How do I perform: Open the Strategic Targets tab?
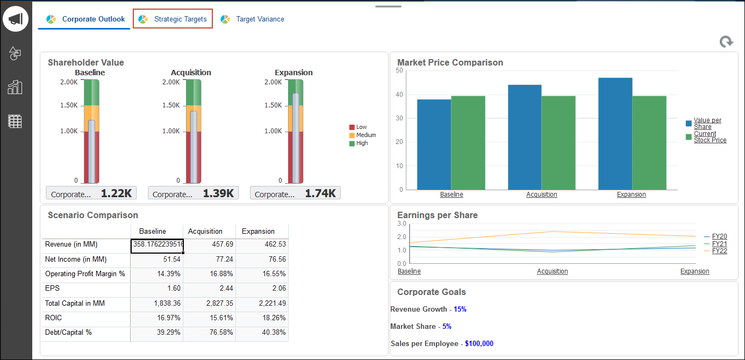point(173,19)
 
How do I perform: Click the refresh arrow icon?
point(726,42)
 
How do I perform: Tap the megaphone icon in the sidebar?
point(16,19)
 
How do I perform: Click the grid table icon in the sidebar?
point(15,121)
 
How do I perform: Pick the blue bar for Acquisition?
point(525,137)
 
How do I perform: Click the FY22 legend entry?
point(719,251)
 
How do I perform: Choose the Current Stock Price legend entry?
point(710,137)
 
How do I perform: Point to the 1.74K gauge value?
point(320,193)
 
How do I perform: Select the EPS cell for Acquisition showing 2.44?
point(209,289)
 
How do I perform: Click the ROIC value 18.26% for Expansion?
point(262,318)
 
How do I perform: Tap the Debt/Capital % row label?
point(68,333)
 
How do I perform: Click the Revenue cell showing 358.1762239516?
point(157,244)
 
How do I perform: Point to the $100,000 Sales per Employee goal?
point(479,344)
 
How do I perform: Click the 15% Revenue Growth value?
point(460,309)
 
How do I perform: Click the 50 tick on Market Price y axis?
point(399,70)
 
